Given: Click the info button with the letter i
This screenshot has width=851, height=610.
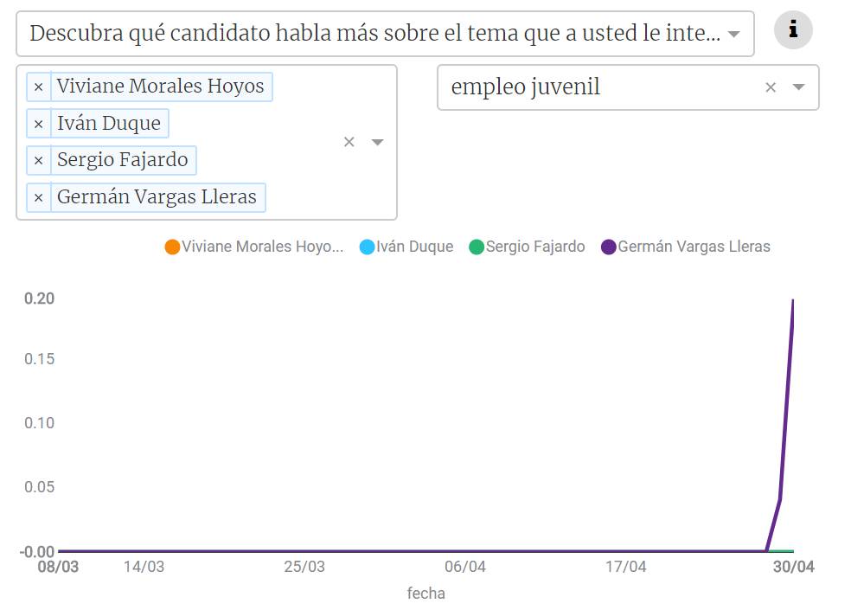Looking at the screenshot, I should [793, 31].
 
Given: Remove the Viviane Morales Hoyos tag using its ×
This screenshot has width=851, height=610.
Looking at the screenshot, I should [38, 87].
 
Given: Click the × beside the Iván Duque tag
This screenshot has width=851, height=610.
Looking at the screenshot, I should [38, 124].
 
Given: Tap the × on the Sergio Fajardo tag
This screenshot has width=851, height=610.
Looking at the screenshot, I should [38, 160].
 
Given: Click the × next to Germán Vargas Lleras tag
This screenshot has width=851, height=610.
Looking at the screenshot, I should [38, 197].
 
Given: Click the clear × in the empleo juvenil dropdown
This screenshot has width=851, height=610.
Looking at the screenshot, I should [771, 87].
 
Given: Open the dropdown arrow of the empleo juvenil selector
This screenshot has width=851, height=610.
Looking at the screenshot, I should [799, 87].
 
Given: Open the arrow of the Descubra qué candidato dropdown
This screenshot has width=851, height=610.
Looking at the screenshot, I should [733, 35].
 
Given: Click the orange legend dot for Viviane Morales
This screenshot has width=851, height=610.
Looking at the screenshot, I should [172, 247].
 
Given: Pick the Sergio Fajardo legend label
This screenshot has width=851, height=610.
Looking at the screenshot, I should [534, 247].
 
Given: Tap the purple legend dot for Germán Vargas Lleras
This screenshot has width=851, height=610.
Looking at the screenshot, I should [609, 247].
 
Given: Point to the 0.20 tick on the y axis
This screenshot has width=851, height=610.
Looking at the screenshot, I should [39, 299].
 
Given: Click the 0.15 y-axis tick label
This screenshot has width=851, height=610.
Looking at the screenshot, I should [39, 358].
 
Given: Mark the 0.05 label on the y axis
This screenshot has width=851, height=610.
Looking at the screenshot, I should [39, 487].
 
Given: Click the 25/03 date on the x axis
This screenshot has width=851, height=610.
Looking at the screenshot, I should [304, 568].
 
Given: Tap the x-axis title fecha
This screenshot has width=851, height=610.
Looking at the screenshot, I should [425, 594].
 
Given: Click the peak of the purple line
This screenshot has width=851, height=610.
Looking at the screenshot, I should [793, 300].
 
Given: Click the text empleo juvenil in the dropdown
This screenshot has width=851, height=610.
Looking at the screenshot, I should [525, 87].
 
